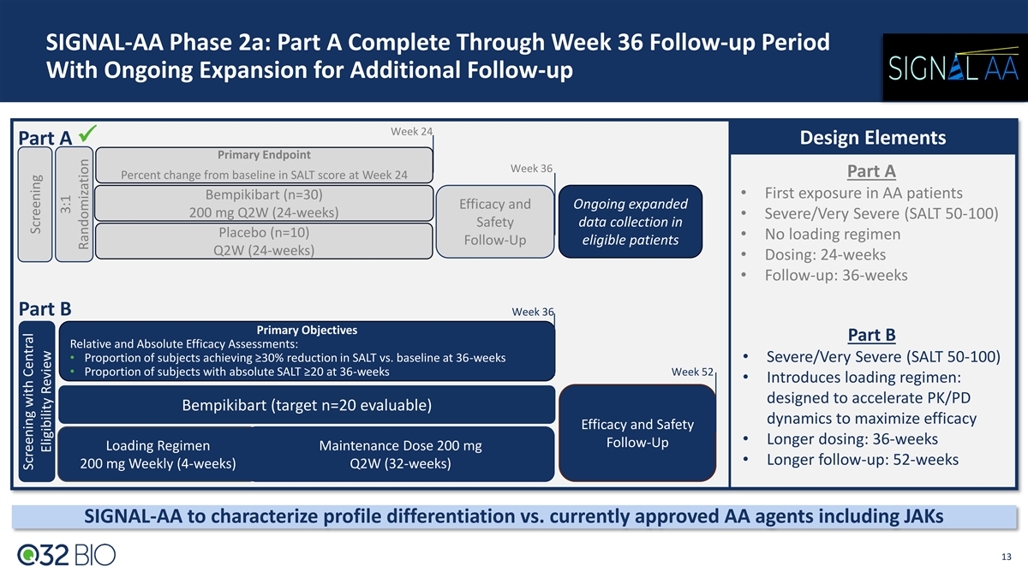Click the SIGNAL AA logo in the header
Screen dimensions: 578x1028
pos(948,66)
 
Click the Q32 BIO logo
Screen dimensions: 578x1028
pos(66,555)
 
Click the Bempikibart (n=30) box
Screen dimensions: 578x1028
pos(264,203)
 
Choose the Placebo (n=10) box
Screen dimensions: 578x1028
pos(264,241)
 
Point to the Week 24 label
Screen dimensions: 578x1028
pos(410,131)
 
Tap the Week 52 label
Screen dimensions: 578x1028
pos(692,372)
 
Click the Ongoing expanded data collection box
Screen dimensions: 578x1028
pos(630,222)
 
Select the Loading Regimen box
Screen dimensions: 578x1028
pos(158,455)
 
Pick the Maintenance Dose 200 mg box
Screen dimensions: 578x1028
pos(400,455)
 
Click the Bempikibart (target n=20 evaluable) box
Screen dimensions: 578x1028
pos(306,404)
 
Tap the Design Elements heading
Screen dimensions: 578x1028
pos(873,138)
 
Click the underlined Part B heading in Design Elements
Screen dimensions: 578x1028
pos(870,334)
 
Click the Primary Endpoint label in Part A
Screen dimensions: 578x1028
pos(264,155)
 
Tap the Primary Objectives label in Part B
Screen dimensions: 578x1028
pos(307,330)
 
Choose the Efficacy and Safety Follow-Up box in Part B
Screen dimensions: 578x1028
pos(637,433)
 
